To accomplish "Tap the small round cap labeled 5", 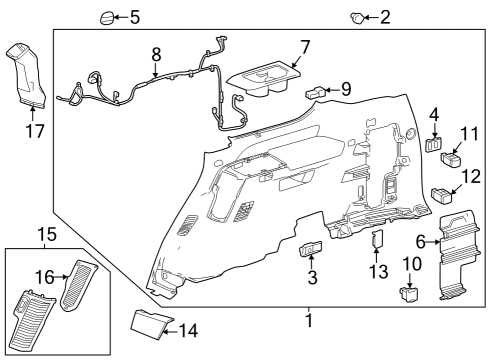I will (x=107, y=17).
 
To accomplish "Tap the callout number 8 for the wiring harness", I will (x=155, y=52).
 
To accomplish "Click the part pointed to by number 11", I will (x=453, y=156).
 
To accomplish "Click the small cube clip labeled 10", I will (x=408, y=295).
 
